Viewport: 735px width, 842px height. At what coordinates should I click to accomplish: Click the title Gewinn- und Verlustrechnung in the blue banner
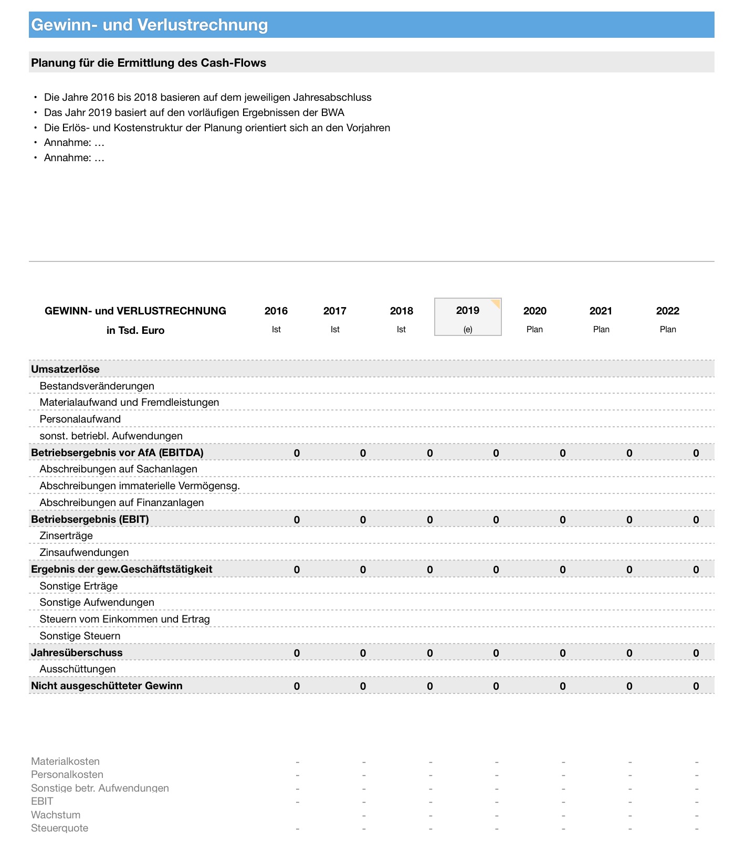pos(150,25)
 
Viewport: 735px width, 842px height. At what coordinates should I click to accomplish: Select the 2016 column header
pos(276,311)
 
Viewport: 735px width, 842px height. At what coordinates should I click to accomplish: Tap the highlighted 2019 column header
pos(468,310)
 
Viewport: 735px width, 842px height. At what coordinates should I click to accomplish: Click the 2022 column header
pos(668,311)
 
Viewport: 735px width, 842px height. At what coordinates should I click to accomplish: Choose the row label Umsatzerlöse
pos(66,369)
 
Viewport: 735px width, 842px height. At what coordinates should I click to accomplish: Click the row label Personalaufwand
pos(80,419)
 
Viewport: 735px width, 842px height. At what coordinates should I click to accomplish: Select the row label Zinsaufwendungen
pos(84,552)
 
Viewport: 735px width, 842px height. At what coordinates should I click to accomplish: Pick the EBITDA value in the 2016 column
pos(297,453)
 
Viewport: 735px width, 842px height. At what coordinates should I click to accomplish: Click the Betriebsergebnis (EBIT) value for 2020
pos(563,520)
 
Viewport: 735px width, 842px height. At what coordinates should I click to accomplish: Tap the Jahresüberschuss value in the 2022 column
pos(696,653)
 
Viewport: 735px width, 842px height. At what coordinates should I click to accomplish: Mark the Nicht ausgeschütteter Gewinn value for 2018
pos(430,686)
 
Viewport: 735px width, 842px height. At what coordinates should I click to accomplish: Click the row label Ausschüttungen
pos(78,669)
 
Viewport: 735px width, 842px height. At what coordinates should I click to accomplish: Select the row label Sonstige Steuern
pos(80,636)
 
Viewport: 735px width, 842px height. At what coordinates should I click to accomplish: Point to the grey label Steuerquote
pos(60,828)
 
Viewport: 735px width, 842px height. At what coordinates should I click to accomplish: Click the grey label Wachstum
pos(56,815)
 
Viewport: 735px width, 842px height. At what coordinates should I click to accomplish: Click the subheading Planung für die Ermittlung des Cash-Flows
pos(149,63)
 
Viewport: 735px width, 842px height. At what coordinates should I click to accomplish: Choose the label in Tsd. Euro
pos(135,330)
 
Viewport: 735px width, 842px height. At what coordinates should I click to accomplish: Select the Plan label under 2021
pos(601,329)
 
